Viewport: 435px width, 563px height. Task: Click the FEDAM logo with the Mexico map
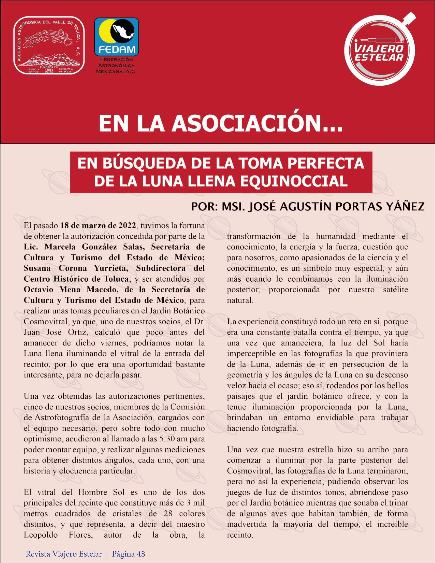tap(116, 37)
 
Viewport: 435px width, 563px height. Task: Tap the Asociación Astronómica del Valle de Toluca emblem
tap(49, 45)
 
